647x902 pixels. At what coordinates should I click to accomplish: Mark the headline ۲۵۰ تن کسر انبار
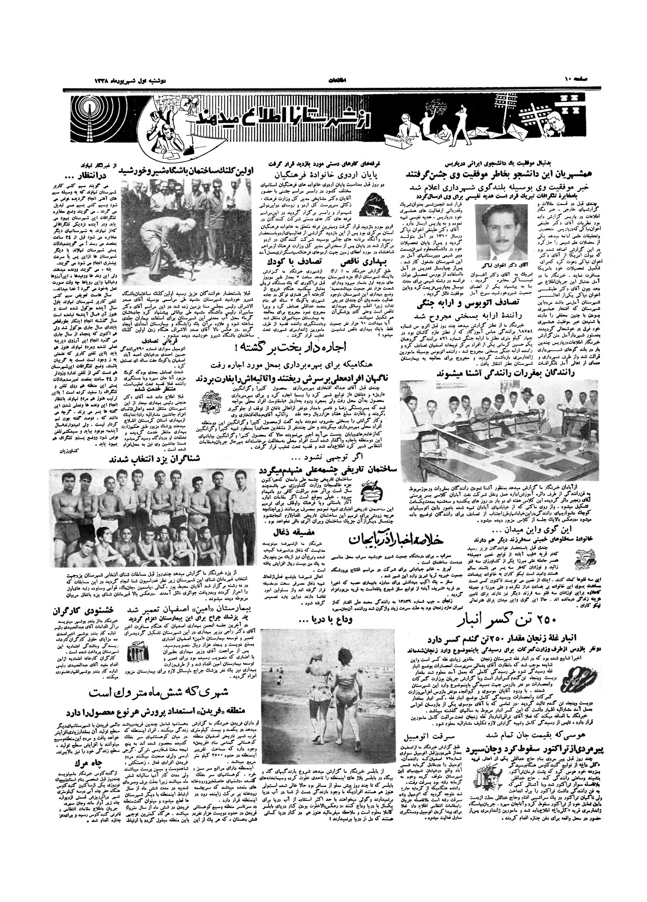(502, 621)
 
